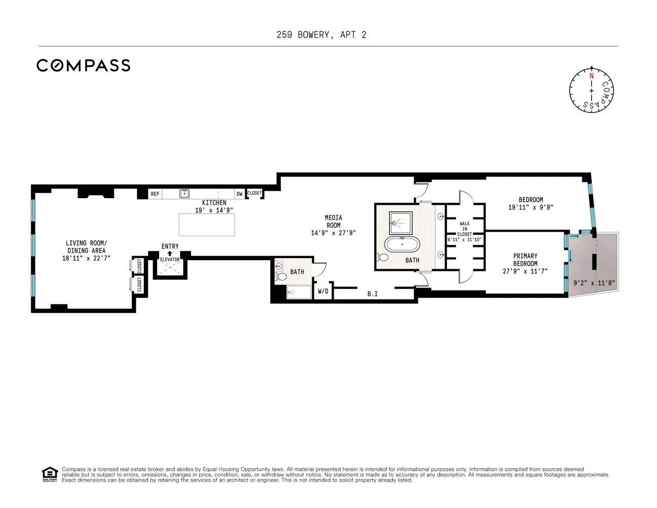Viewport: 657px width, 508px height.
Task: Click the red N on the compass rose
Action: (592, 76)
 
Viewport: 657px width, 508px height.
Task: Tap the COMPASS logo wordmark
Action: (83, 66)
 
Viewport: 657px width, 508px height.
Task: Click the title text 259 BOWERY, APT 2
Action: (321, 35)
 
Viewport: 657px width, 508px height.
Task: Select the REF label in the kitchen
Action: (155, 194)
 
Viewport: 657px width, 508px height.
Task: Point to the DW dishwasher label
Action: (240, 194)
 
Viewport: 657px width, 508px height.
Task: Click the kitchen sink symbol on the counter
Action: (184, 193)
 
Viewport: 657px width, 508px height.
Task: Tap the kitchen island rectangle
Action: (207, 225)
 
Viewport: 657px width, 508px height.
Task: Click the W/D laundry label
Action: (323, 291)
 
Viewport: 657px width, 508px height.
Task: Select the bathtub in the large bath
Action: (402, 244)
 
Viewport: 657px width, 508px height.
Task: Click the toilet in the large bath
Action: (382, 258)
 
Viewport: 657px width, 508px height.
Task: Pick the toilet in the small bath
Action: (281, 276)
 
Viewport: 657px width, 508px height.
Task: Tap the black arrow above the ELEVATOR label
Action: (170, 253)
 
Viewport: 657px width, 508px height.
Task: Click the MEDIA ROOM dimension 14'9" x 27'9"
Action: (334, 233)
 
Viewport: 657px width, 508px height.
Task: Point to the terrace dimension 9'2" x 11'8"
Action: (594, 283)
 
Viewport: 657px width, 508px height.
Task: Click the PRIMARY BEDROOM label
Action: (525, 260)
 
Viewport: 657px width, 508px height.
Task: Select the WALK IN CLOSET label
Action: (465, 229)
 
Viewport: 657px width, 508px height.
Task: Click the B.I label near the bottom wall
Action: (373, 294)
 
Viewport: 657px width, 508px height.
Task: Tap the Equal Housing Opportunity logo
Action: (50, 474)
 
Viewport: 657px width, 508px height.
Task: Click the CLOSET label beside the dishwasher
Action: (254, 193)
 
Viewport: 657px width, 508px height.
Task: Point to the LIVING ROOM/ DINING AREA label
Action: (86, 247)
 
